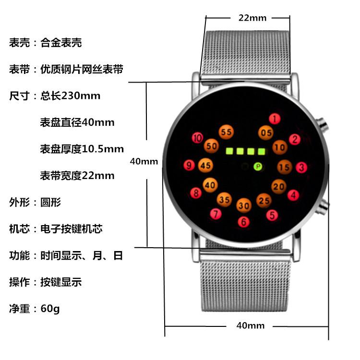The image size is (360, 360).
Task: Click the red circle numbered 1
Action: pyautogui.click(x=274, y=119)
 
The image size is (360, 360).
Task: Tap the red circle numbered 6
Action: pyautogui.click(x=244, y=222)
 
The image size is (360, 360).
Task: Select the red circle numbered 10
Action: pyautogui.click(x=197, y=138)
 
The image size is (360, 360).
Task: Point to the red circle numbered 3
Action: pyautogui.click(x=301, y=168)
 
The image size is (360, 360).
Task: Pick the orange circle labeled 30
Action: pyautogui.click(x=244, y=206)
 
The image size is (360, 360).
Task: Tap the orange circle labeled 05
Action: pyautogui.click(x=266, y=132)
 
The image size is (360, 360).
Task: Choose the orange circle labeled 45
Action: pyautogui.click(x=205, y=166)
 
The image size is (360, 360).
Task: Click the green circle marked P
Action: pyautogui.click(x=258, y=167)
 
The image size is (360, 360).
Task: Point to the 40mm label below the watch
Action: pyautogui.click(x=250, y=326)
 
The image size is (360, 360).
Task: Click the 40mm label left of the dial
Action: pyautogui.click(x=144, y=162)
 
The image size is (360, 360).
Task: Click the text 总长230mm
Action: pyautogui.click(x=70, y=96)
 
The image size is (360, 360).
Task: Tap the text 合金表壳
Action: pyautogui.click(x=61, y=43)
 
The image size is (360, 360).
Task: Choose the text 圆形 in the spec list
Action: pyautogui.click(x=50, y=202)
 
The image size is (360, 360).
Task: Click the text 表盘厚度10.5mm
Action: pyautogui.click(x=82, y=149)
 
